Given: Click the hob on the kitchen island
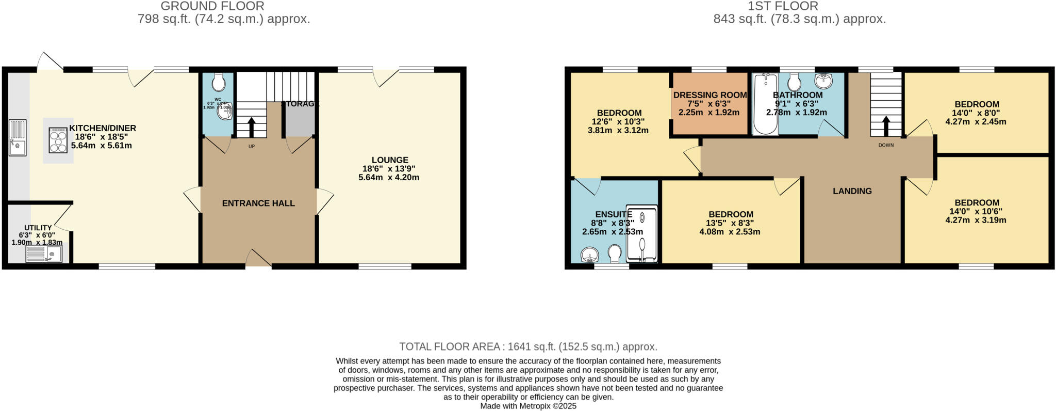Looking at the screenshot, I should [58, 140].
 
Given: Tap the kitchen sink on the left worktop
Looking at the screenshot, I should [18, 138].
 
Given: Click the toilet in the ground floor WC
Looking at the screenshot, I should [219, 82].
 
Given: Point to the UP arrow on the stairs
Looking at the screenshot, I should [252, 127].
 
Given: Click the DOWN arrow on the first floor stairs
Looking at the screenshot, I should [886, 125].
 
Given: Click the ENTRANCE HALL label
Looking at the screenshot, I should [258, 203].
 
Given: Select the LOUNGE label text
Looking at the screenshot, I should [389, 160].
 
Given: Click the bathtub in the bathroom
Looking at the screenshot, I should [765, 105].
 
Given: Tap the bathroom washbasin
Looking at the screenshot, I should [823, 82].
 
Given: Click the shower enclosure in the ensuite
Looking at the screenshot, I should [642, 234].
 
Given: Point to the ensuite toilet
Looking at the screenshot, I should [614, 253].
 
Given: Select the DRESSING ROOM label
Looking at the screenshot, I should [710, 95].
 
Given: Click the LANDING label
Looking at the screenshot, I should [852, 191].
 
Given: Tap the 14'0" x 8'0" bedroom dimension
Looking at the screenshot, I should [977, 113].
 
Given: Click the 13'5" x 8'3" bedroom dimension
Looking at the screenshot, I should [730, 223].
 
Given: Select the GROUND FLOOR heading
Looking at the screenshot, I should [212, 6].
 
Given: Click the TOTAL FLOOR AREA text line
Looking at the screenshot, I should [528, 347].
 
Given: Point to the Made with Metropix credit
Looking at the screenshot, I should [528, 406].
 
